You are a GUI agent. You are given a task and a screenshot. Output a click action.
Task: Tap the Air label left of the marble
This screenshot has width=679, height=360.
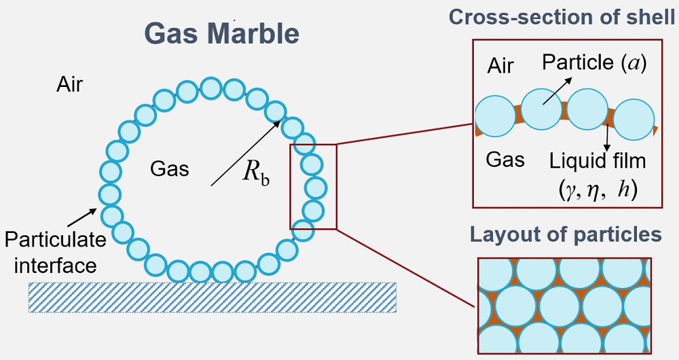pos(70,86)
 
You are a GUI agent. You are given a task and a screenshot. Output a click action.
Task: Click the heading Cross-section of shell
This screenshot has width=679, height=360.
pos(562,18)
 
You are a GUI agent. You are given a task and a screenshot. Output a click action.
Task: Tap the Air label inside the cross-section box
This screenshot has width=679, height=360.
pos(502,66)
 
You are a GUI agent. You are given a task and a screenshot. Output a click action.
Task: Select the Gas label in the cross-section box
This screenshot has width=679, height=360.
pos(506,160)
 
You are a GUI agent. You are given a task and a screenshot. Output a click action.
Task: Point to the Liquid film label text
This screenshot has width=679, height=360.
pos(597,162)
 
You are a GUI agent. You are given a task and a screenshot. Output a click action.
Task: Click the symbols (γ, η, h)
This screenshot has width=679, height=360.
pos(597,190)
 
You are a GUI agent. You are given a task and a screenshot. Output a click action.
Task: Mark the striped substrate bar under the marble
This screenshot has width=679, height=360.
pos(212,297)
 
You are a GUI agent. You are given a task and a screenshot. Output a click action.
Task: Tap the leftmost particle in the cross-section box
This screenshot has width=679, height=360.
pos(495,115)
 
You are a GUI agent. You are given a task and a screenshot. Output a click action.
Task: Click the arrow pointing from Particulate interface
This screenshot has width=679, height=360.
pos(81,216)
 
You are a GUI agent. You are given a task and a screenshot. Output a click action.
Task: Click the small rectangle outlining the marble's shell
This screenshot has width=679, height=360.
pos(313,186)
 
